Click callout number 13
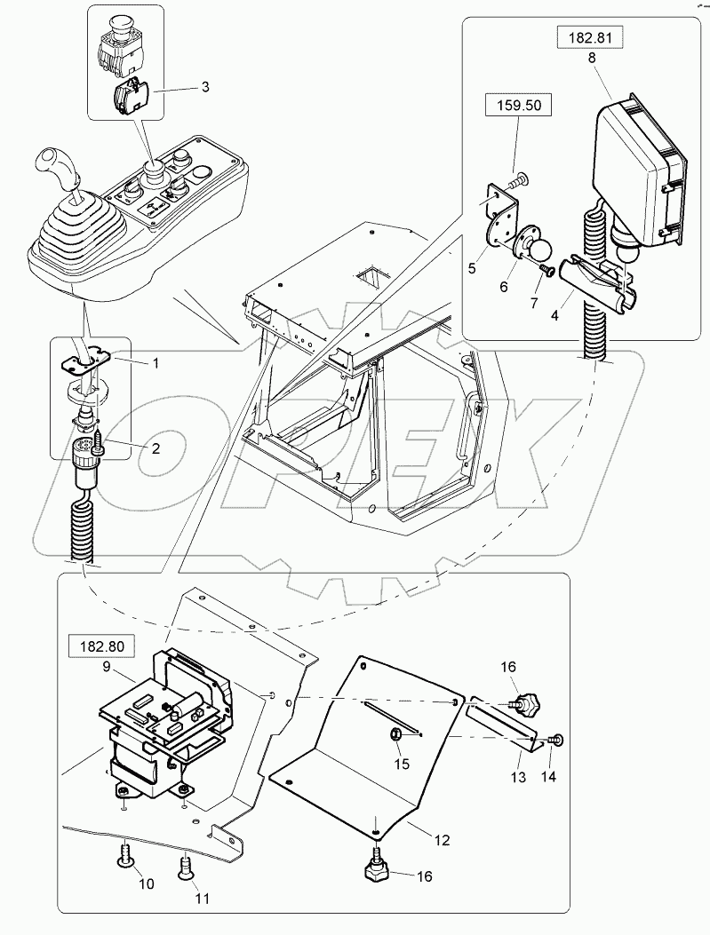[x=519, y=777]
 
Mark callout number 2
[x=155, y=448]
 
